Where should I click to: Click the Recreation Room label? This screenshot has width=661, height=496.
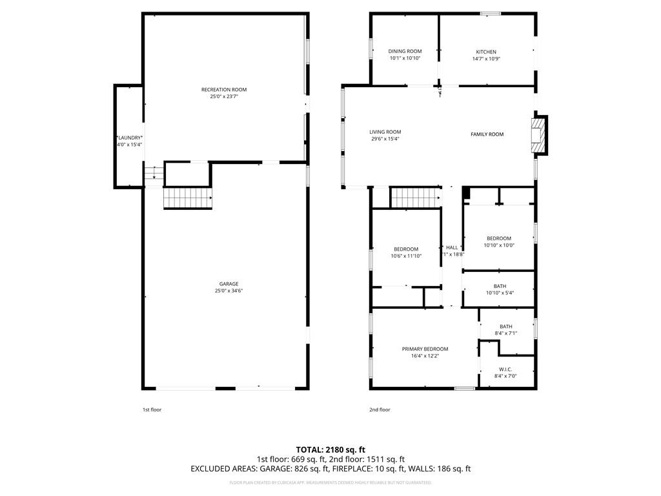[223, 90]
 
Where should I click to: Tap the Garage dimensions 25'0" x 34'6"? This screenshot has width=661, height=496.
[229, 291]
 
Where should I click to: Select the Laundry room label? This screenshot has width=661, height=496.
[130, 138]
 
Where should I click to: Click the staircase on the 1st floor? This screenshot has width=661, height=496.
[187, 198]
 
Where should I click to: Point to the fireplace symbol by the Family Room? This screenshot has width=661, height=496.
[537, 135]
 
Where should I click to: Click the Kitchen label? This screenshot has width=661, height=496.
[486, 52]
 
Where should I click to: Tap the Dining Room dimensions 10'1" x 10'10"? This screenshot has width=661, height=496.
[405, 59]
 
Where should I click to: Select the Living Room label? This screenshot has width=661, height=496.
[385, 132]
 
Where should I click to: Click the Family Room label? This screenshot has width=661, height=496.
[487, 134]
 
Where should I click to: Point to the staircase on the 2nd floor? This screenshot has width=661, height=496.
[414, 197]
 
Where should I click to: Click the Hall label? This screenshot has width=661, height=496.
[452, 247]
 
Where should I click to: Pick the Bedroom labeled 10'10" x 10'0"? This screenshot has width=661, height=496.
[498, 238]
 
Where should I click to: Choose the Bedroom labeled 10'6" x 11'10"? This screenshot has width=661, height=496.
[406, 249]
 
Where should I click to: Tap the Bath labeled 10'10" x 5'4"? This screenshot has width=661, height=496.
[500, 286]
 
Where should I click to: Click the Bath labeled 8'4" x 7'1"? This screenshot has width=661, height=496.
[505, 326]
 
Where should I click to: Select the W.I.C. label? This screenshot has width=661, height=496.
[505, 369]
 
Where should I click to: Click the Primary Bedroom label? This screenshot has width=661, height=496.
[424, 349]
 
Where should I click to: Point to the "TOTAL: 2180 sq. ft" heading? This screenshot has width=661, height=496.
[330, 449]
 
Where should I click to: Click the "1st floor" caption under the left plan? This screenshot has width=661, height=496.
[152, 409]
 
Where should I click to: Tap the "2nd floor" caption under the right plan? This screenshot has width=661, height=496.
[380, 409]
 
